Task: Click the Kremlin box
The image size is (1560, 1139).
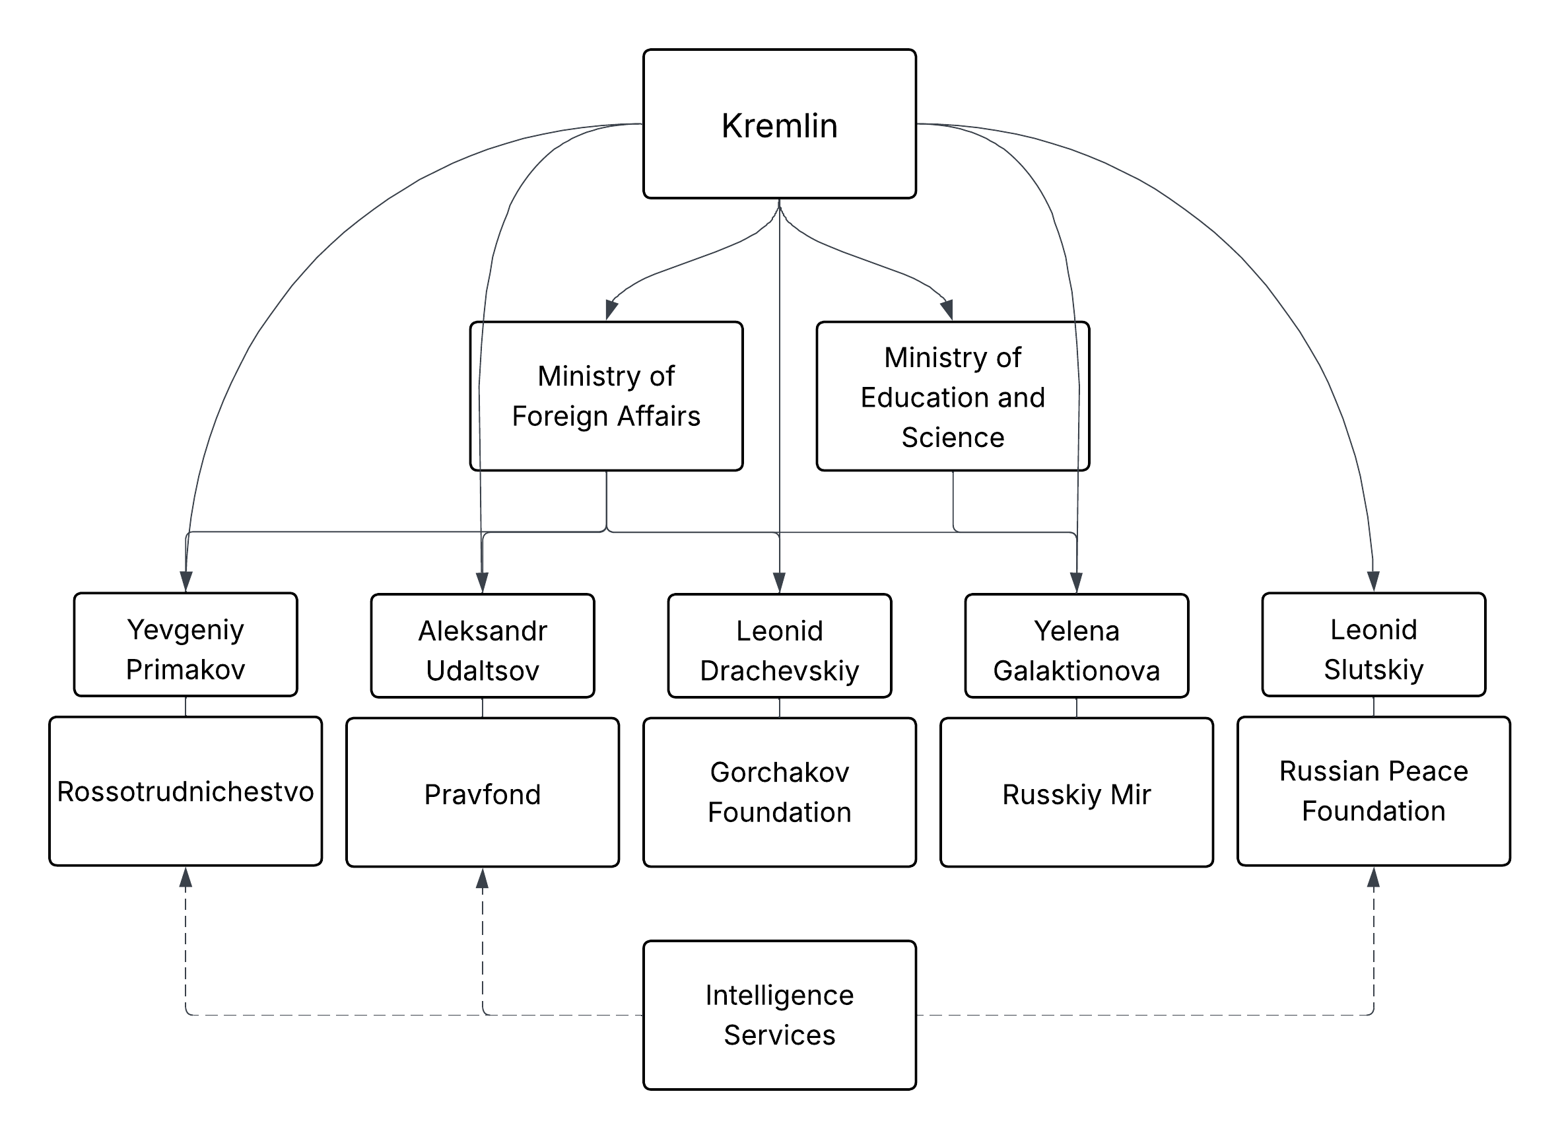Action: [779, 124]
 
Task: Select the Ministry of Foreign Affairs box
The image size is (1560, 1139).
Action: [606, 396]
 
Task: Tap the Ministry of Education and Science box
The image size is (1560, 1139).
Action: [953, 396]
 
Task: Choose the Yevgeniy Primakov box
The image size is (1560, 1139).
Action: [186, 644]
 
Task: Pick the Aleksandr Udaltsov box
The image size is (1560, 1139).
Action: [483, 646]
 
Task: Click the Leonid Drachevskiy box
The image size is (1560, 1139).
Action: [780, 646]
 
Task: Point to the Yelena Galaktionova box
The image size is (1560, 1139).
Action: [1077, 646]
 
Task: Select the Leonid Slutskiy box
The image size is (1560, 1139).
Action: [1374, 644]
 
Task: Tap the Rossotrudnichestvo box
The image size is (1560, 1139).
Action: [186, 792]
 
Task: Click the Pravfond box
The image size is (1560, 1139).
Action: [483, 793]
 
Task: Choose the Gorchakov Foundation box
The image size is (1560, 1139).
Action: [780, 793]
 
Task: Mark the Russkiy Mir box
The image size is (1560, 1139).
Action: [1077, 793]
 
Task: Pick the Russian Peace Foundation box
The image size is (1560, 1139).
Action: [1374, 792]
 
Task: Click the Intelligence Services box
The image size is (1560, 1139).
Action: [780, 1016]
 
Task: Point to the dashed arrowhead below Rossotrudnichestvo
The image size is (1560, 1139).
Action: [186, 878]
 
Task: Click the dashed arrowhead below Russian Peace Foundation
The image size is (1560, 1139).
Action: [1374, 878]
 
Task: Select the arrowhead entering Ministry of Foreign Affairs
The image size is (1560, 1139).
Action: [611, 310]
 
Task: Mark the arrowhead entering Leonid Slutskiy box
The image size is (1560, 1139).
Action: [1374, 581]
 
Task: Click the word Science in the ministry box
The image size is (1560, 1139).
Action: [953, 437]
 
